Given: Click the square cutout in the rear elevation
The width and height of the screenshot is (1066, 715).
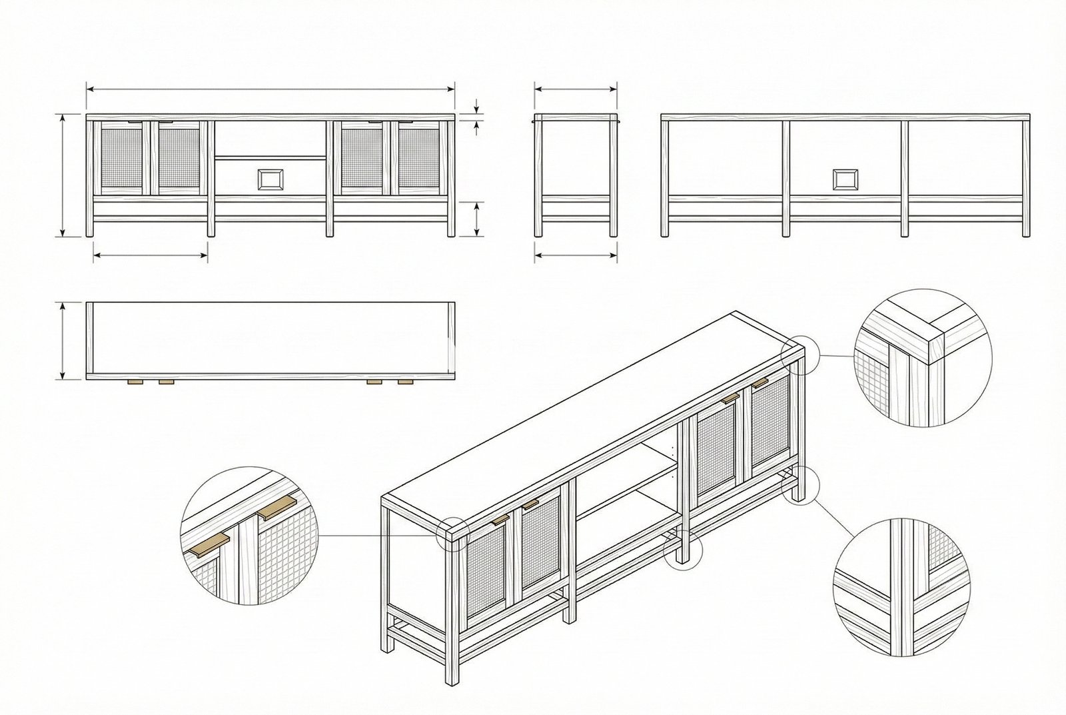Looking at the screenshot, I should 845,179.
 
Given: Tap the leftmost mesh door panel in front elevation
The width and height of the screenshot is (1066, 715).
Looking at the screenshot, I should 123,158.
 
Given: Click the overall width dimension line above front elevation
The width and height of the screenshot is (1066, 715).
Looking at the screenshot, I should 270,88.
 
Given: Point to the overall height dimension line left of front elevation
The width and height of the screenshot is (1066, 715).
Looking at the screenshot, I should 63,175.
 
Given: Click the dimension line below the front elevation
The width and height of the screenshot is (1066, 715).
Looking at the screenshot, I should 151,253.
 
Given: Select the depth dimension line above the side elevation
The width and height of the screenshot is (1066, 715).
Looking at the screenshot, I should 576,88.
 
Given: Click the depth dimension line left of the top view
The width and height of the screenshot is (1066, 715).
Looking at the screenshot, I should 63,341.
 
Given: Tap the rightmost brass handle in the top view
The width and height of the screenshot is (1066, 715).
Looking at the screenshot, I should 405,382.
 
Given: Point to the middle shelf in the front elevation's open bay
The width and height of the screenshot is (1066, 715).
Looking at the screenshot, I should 270,157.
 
